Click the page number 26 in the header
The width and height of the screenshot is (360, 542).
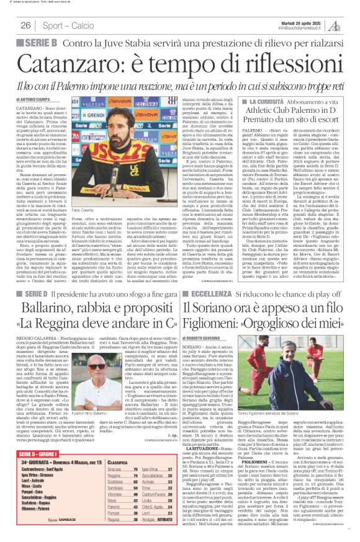[x=26, y=25]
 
